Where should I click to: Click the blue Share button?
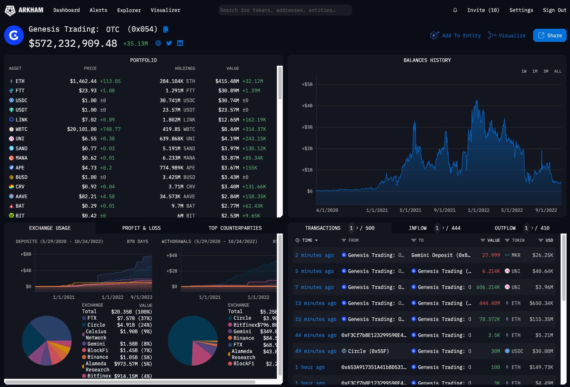(549, 36)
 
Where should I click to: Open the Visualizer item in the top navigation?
(165, 10)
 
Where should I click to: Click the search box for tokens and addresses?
(285, 10)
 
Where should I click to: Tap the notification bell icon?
(455, 10)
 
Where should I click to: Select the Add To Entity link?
(455, 36)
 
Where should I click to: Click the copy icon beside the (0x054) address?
(166, 29)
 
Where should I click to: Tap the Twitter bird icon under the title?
(169, 43)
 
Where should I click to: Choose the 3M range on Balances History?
(546, 71)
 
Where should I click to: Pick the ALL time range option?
(558, 71)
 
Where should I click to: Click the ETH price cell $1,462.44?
(83, 81)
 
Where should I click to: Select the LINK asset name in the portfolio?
(21, 120)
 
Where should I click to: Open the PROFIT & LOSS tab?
(141, 228)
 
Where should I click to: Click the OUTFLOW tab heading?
(505, 228)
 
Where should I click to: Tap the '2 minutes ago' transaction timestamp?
(314, 255)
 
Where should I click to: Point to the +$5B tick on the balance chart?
(307, 84)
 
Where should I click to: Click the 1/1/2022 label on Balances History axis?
(479, 210)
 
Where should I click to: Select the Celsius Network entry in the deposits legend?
(96, 334)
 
